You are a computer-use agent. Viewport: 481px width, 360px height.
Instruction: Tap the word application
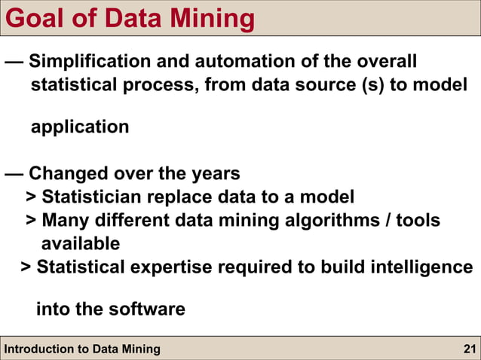click(x=80, y=127)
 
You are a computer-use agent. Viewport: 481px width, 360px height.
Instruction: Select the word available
click(x=80, y=244)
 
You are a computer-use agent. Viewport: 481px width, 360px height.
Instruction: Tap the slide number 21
click(x=469, y=349)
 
